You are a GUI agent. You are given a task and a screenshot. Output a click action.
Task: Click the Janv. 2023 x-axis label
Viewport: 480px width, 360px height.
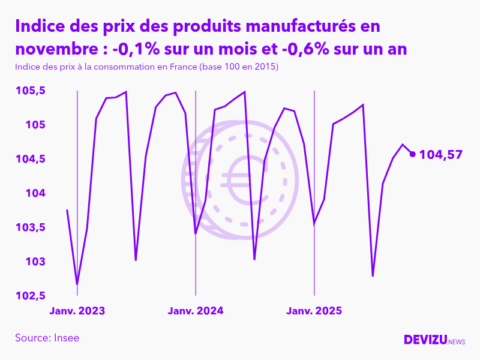coord(77,311)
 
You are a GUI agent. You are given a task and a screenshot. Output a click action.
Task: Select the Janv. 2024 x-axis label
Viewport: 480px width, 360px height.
coord(196,311)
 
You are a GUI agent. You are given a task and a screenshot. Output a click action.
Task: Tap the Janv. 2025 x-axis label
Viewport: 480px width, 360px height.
coord(314,311)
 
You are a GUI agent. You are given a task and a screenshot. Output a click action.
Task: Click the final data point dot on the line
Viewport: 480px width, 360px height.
coord(412,154)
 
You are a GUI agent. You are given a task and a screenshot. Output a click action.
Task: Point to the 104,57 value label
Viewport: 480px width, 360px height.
coord(440,155)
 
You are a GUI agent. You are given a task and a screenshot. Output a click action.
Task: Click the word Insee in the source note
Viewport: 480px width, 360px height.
coord(66,338)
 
